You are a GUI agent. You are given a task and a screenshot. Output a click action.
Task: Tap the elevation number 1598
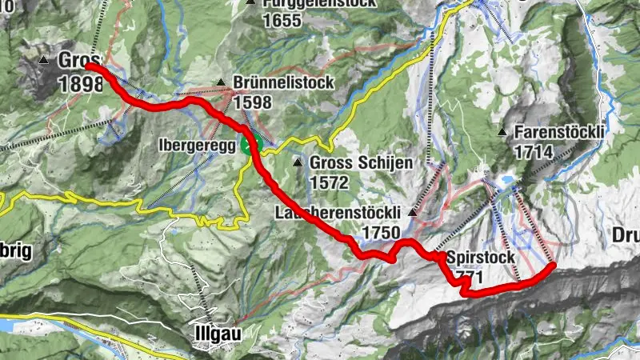click(253, 102)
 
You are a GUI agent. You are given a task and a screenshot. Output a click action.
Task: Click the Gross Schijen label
click(361, 163)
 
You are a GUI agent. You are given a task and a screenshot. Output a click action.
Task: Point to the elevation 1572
click(330, 182)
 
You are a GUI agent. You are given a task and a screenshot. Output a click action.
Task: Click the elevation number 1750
click(381, 232)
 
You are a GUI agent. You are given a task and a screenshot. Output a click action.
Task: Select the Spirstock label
click(481, 258)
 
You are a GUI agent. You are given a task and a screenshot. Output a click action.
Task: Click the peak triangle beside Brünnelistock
click(222, 82)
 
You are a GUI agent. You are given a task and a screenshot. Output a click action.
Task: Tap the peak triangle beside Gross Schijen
click(298, 163)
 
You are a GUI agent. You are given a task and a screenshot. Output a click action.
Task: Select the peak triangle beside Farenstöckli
click(502, 131)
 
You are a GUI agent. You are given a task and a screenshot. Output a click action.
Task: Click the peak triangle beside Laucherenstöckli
click(414, 213)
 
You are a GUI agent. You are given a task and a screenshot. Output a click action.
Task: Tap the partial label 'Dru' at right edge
click(626, 236)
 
